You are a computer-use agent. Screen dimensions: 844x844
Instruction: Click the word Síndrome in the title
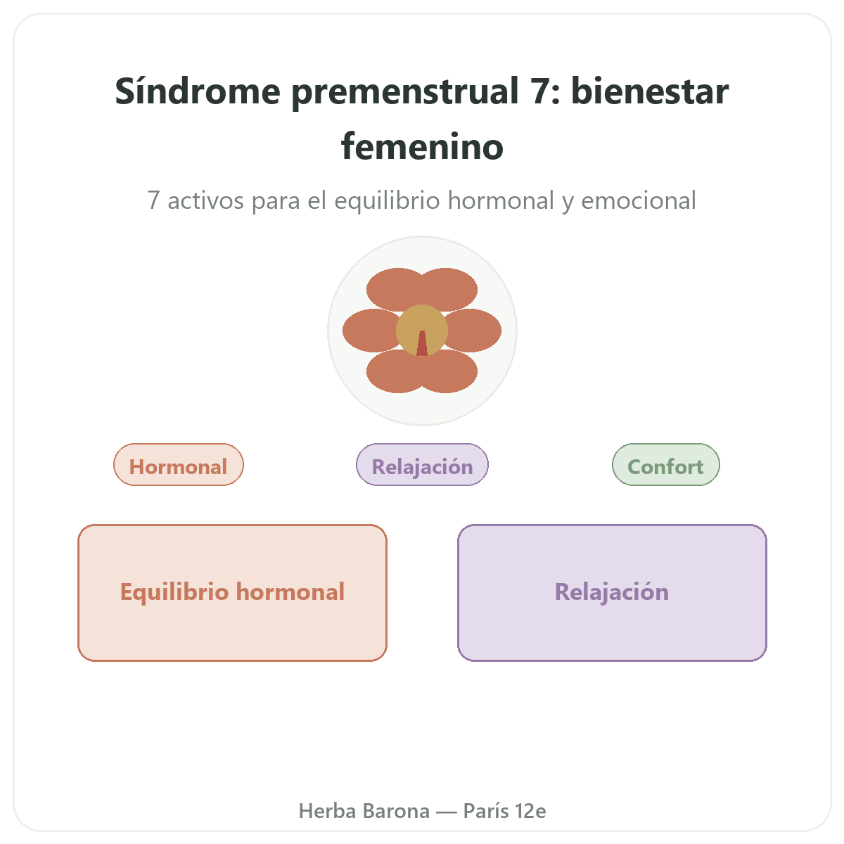[198, 91]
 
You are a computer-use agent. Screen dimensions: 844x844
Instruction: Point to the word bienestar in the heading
[650, 91]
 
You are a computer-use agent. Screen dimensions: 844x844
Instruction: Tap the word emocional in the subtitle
[638, 200]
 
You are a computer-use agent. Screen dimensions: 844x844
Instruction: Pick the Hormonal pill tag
[178, 464]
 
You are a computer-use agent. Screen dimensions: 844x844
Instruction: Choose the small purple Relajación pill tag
[422, 464]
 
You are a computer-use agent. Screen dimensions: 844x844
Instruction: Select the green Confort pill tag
[665, 464]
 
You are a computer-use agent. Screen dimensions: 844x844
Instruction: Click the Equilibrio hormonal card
[232, 592]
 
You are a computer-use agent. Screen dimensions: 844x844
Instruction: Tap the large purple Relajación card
[612, 592]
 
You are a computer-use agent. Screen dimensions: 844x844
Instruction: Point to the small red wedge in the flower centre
[422, 344]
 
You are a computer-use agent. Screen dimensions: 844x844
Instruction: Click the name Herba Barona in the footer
[364, 811]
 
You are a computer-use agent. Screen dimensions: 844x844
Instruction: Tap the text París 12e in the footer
[504, 811]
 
